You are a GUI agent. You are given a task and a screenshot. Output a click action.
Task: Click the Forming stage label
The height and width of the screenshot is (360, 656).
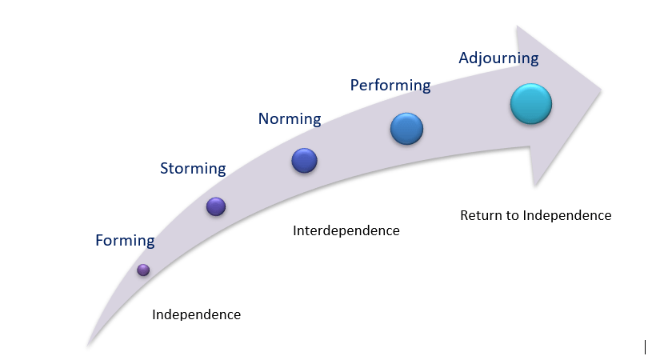pyautogui.click(x=125, y=240)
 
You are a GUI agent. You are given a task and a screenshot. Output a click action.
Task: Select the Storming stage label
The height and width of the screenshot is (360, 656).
pyautogui.click(x=193, y=168)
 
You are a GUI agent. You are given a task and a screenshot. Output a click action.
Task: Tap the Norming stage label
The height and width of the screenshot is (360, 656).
pyautogui.click(x=289, y=119)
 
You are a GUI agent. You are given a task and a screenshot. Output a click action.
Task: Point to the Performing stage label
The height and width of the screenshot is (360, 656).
pyautogui.click(x=390, y=85)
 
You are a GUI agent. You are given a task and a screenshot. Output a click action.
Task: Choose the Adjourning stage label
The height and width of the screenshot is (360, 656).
pyautogui.click(x=498, y=58)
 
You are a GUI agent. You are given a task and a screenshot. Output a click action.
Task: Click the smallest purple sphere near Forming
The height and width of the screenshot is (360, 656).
pyautogui.click(x=143, y=270)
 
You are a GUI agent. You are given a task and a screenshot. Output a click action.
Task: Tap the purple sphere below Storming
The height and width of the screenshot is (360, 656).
pyautogui.click(x=216, y=206)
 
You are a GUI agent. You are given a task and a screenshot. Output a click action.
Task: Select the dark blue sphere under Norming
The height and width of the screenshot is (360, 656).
pyautogui.click(x=305, y=161)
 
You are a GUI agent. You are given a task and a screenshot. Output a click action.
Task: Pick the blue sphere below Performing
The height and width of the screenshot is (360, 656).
pyautogui.click(x=406, y=128)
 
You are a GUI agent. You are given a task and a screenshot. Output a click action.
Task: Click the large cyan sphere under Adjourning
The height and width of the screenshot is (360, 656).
pyautogui.click(x=531, y=104)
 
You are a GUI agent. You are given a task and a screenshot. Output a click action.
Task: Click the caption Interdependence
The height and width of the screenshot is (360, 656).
pyautogui.click(x=346, y=231)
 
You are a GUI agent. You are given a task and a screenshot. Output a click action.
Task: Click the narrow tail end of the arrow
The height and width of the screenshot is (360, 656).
pyautogui.click(x=89, y=345)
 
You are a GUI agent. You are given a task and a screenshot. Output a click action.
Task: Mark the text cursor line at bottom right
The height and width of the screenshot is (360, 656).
pyautogui.click(x=645, y=346)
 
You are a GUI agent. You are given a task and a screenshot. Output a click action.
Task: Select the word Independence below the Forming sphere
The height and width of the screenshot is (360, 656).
pyautogui.click(x=196, y=314)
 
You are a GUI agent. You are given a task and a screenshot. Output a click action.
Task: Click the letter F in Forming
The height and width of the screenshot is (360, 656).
pyautogui.click(x=99, y=240)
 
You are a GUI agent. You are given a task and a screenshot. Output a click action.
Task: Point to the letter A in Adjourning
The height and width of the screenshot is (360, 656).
pyautogui.click(x=464, y=58)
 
